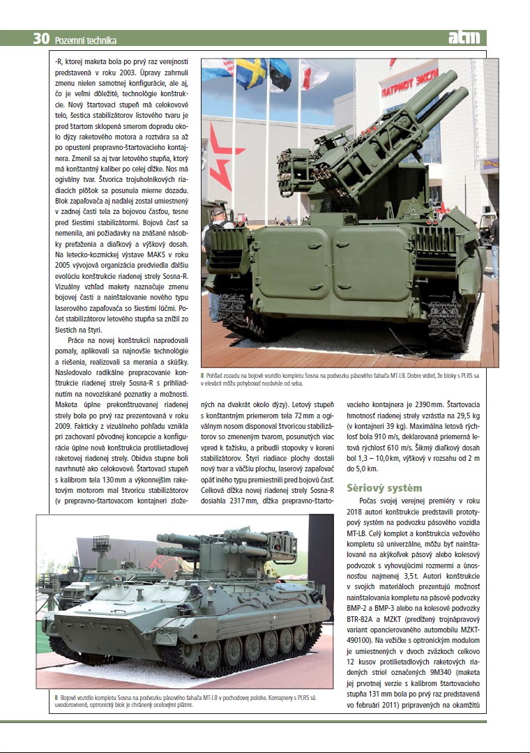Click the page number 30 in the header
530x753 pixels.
point(40,39)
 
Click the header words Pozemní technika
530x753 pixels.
point(85,40)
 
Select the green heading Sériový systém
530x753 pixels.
point(384,488)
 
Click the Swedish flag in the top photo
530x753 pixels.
point(250,73)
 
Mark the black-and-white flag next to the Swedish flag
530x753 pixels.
point(280,73)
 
